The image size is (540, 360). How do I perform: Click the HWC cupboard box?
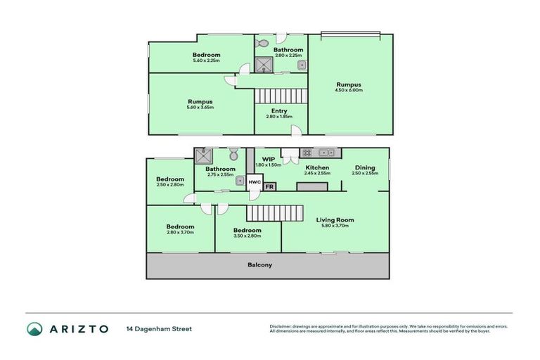pyautogui.click(x=255, y=182)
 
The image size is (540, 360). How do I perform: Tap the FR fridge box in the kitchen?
pyautogui.click(x=270, y=186)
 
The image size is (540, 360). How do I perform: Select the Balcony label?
pyautogui.click(x=259, y=265)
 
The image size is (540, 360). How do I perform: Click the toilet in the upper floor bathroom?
pyautogui.click(x=262, y=44)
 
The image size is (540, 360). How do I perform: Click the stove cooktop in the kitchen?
pyautogui.click(x=307, y=153)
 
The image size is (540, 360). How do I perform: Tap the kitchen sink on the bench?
pyautogui.click(x=327, y=153)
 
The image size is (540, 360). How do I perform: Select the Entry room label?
pyautogui.click(x=278, y=111)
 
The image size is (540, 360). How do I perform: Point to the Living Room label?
pyautogui.click(x=335, y=220)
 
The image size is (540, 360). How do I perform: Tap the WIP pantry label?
pyautogui.click(x=268, y=159)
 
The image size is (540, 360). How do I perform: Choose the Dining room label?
pyautogui.click(x=364, y=167)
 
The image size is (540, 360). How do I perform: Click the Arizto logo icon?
pyautogui.click(x=34, y=328)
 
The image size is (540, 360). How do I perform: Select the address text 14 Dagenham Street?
pyautogui.click(x=159, y=328)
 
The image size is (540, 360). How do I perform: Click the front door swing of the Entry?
pyautogui.click(x=297, y=130)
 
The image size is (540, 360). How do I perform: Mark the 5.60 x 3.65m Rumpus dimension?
pyautogui.click(x=200, y=107)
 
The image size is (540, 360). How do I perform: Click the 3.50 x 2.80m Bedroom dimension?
pyautogui.click(x=247, y=236)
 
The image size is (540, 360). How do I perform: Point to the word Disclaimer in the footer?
pyautogui.click(x=281, y=326)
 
